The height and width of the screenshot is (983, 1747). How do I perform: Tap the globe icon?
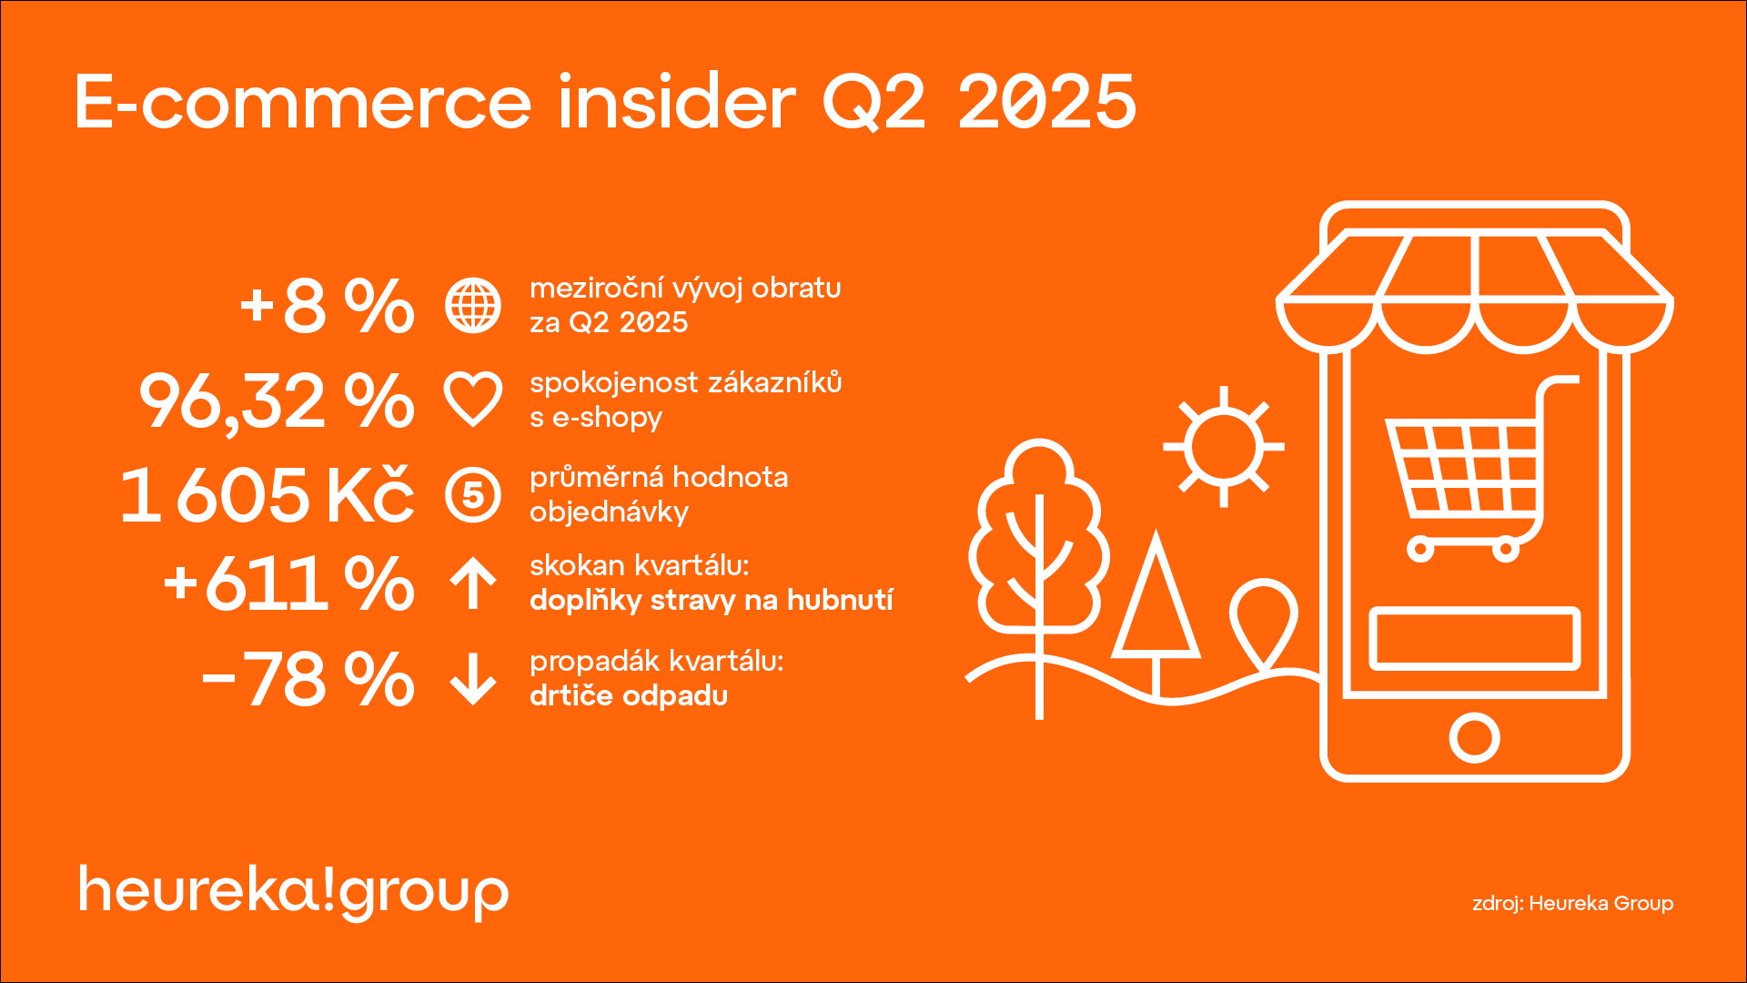(473, 306)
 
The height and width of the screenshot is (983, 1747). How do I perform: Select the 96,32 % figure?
(277, 401)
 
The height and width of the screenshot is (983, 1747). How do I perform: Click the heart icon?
(473, 400)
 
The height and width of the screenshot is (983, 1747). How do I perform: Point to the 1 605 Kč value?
(267, 495)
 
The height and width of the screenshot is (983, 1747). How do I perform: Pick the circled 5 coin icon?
(473, 495)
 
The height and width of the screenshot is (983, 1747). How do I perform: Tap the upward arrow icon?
(473, 583)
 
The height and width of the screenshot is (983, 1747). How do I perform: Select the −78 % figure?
(308, 679)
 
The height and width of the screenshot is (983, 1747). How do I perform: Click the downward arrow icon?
(473, 679)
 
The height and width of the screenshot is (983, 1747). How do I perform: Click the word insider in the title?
(677, 102)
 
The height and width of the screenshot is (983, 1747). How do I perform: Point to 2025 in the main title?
(1046, 102)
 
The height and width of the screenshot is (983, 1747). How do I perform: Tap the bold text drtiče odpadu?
(629, 696)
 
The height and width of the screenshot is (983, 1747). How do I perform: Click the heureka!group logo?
(293, 890)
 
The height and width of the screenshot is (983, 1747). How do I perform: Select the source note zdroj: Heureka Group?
(1572, 904)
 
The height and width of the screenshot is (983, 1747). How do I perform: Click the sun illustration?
(1224, 447)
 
